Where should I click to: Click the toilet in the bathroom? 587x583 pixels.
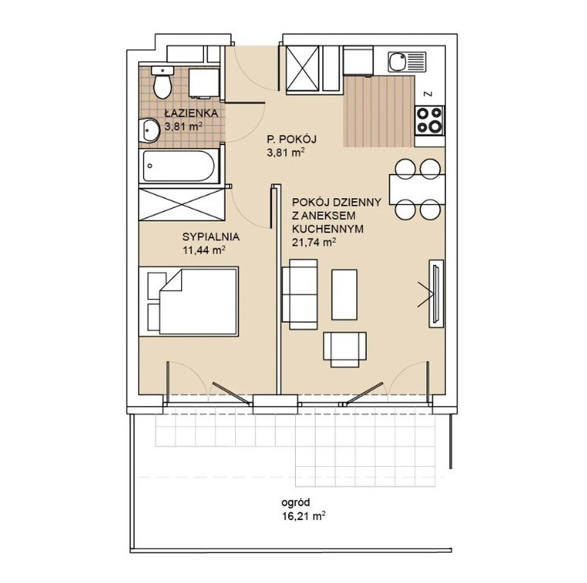pyautogui.click(x=162, y=83)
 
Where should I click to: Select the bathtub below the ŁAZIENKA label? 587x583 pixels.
pyautogui.click(x=179, y=166)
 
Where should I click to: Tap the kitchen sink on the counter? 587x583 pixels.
pyautogui.click(x=407, y=61)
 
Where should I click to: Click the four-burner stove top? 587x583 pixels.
pyautogui.click(x=429, y=120)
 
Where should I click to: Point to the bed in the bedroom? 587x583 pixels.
pyautogui.click(x=189, y=301)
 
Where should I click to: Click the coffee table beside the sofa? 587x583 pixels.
pyautogui.click(x=344, y=295)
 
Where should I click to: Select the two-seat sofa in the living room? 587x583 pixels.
pyautogui.click(x=300, y=294)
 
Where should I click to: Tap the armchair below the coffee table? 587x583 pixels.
pyautogui.click(x=345, y=349)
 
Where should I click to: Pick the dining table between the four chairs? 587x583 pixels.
pyautogui.click(x=417, y=189)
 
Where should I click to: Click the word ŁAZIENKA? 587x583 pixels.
pyautogui.click(x=191, y=113)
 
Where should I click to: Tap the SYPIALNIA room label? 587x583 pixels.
pyautogui.click(x=211, y=237)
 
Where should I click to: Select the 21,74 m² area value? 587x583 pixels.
pyautogui.click(x=313, y=242)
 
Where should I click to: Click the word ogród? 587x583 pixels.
pyautogui.click(x=296, y=503)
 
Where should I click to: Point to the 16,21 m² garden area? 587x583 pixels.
pyautogui.click(x=303, y=516)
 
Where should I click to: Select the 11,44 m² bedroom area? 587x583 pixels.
pyautogui.click(x=204, y=250)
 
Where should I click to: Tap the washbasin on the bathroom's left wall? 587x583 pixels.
pyautogui.click(x=149, y=131)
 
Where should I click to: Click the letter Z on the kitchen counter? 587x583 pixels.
pyautogui.click(x=429, y=94)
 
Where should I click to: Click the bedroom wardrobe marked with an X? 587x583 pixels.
pyautogui.click(x=181, y=204)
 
